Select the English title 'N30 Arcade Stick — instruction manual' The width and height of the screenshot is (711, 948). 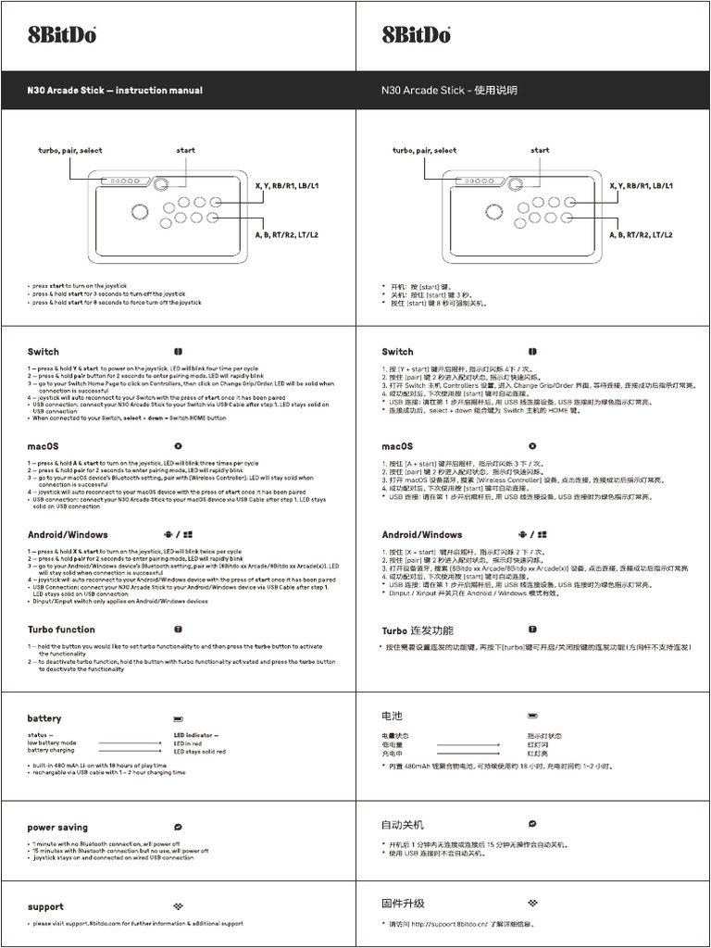[115, 91]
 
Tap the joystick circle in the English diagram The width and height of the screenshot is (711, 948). [139, 211]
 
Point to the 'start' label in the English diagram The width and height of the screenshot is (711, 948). [185, 150]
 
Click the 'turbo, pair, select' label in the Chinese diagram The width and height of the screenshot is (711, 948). [424, 150]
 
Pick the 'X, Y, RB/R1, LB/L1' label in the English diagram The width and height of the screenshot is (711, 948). [286, 186]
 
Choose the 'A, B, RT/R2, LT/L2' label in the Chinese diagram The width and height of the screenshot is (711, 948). [641, 235]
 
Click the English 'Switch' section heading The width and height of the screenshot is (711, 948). [43, 352]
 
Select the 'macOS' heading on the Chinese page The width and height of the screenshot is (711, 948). [397, 446]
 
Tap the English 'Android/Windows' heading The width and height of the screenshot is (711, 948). [68, 535]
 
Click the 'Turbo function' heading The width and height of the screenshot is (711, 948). [61, 630]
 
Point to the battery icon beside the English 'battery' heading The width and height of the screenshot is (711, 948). [178, 718]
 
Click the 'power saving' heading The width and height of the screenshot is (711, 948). [57, 828]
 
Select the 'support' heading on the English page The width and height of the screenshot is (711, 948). [45, 907]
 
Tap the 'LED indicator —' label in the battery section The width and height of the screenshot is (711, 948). [199, 735]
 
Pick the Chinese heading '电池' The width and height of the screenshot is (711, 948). [393, 717]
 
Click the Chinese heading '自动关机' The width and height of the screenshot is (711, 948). [403, 824]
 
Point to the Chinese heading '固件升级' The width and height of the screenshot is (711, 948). [403, 904]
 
